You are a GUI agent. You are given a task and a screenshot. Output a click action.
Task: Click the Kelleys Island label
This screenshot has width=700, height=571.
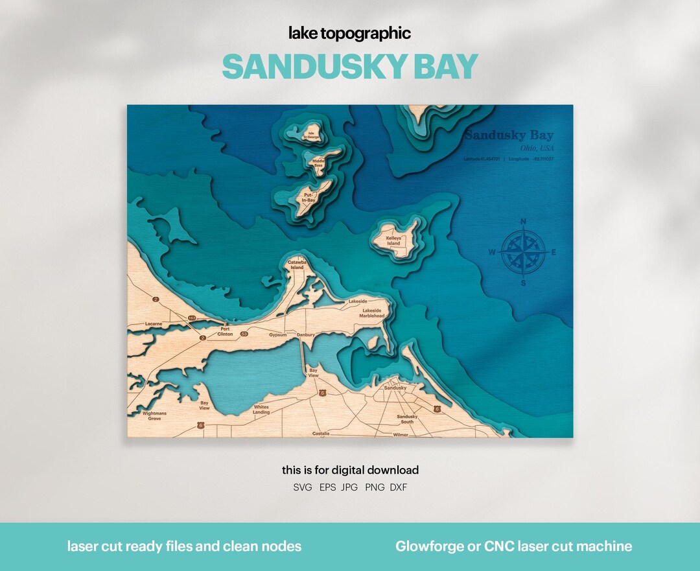click(394, 240)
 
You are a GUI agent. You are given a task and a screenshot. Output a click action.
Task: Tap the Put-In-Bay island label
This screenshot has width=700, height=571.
click(309, 197)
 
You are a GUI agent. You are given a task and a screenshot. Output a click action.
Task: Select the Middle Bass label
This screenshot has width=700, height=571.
click(318, 163)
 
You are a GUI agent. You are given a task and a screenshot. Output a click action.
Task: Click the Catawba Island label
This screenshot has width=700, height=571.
click(296, 264)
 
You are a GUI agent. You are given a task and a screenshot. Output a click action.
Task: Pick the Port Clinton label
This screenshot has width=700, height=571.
click(225, 331)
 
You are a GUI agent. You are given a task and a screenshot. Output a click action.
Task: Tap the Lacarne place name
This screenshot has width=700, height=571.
click(154, 323)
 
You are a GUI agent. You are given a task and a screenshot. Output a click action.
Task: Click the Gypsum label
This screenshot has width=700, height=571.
click(277, 335)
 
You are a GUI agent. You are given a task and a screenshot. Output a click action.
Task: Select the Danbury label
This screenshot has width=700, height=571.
click(306, 335)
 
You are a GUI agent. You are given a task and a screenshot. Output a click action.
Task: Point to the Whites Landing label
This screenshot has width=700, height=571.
click(261, 410)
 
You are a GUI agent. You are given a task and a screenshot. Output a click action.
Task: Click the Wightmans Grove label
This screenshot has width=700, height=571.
click(154, 415)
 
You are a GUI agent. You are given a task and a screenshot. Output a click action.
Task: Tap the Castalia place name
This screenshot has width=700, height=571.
click(321, 434)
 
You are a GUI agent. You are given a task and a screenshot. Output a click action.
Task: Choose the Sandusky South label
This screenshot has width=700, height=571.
click(407, 419)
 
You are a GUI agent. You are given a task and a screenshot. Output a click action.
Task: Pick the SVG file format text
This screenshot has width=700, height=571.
click(303, 487)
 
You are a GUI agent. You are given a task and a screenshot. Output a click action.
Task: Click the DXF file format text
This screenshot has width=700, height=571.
click(399, 487)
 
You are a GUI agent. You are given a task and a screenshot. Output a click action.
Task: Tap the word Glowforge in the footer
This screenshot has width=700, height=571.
click(427, 546)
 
